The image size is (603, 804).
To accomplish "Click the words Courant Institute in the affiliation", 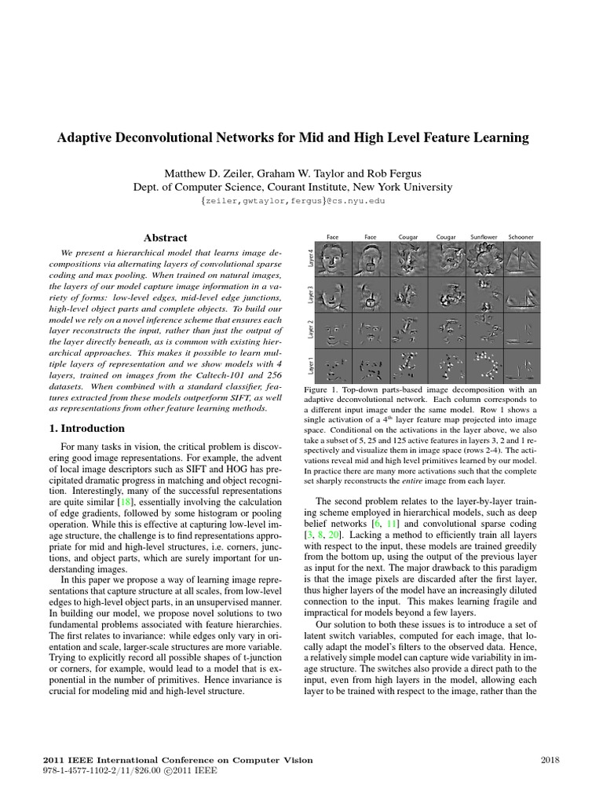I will pyautogui.click(x=311, y=187).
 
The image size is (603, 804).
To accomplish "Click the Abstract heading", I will pyautogui.click(x=165, y=237).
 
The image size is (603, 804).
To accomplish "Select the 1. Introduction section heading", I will pyautogui.click(x=82, y=428).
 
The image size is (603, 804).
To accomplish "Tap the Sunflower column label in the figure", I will pyautogui.click(x=483, y=236).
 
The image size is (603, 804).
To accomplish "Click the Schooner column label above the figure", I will pyautogui.click(x=520, y=236).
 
